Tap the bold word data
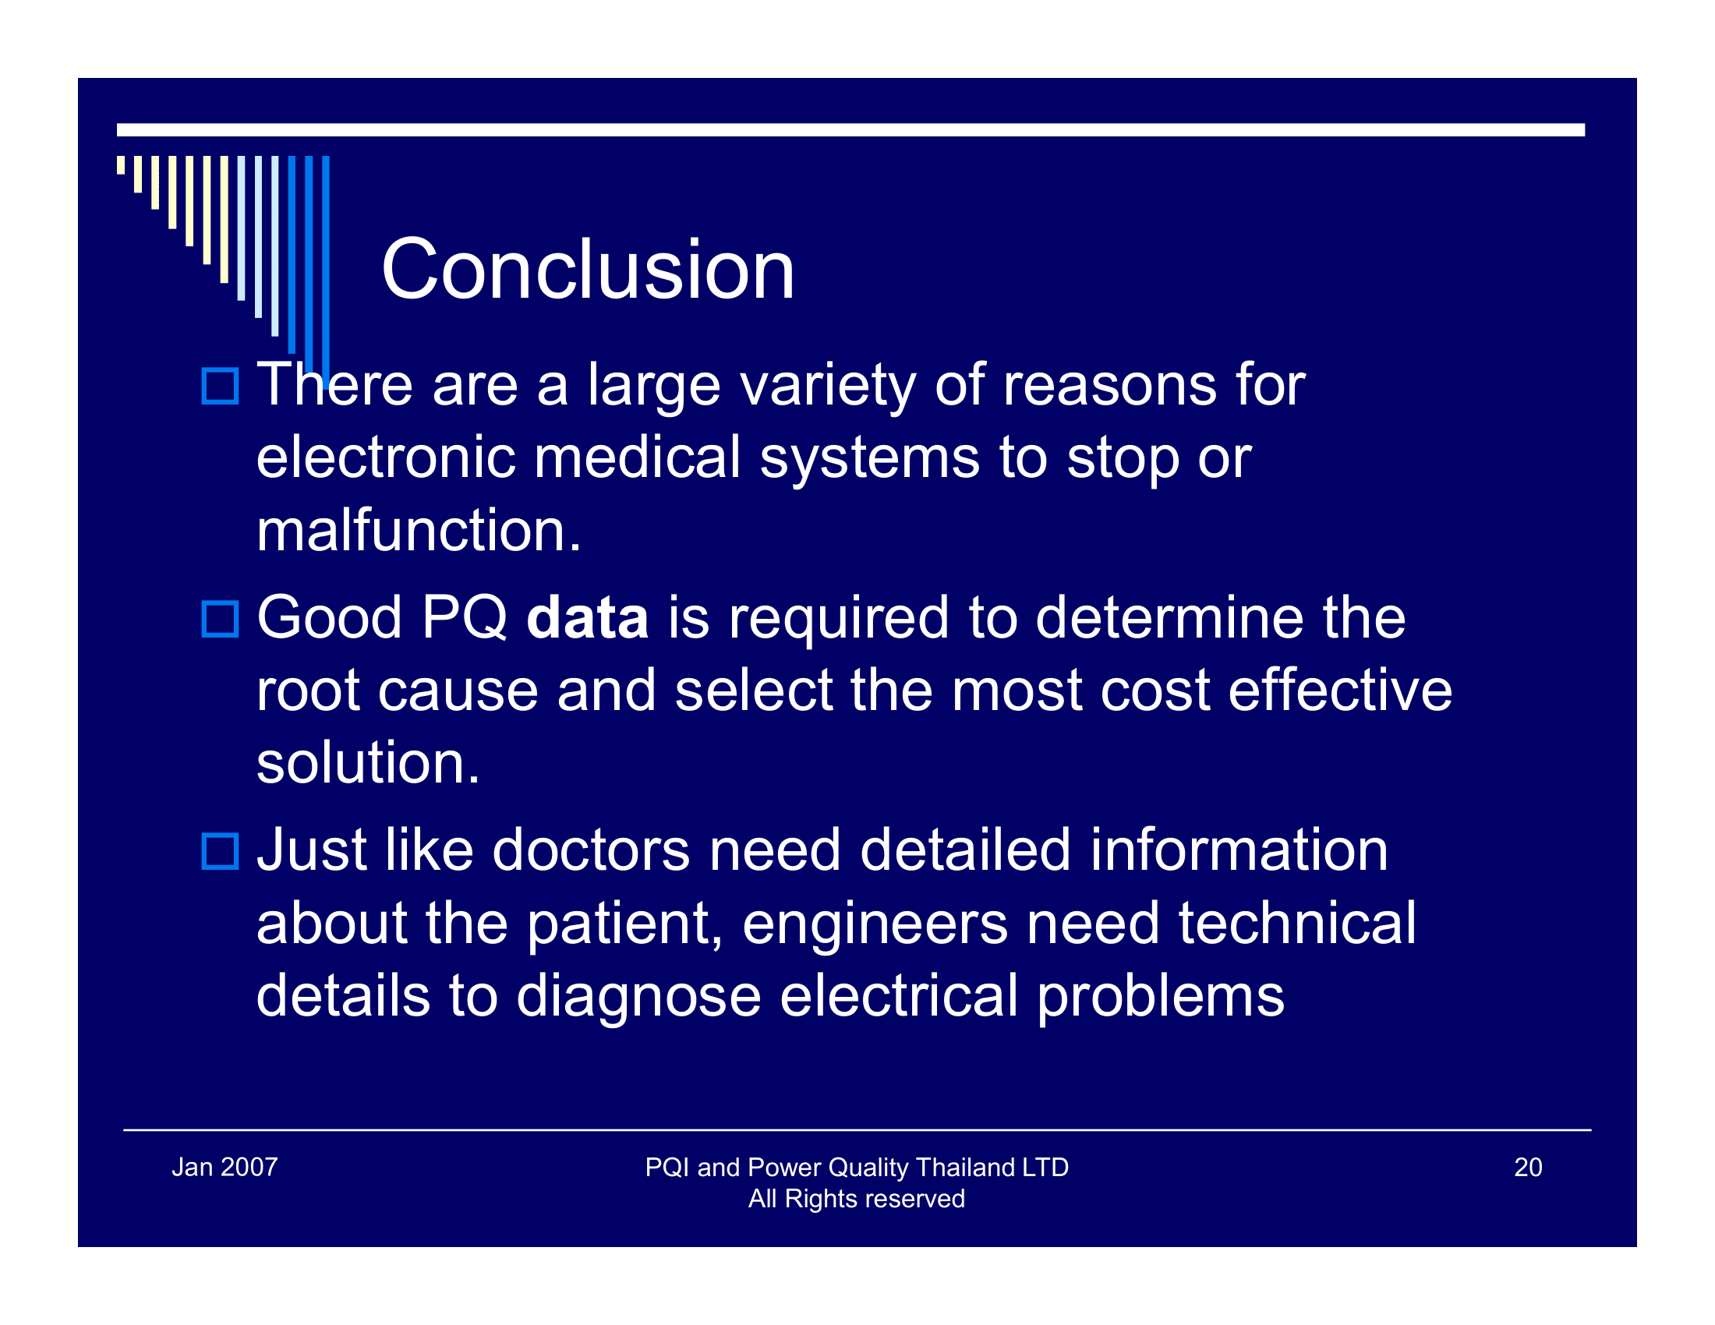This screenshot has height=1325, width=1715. pos(587,618)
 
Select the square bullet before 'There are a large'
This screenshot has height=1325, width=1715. pos(220,386)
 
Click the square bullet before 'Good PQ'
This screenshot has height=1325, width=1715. pos(220,620)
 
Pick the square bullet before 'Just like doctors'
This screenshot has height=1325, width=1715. pos(220,852)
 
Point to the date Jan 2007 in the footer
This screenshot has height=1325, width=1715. pos(225,1168)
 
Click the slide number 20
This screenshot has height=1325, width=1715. pos(1528,1168)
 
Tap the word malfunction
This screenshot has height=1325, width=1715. pos(418,531)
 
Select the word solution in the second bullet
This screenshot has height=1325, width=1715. pos(366,763)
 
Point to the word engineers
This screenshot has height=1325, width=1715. pos(875,924)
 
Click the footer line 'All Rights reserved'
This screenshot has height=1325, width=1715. pos(856,1199)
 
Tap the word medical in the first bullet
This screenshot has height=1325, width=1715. pos(637,458)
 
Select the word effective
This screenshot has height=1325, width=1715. pos(1339,691)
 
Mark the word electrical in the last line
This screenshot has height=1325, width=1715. pos(899,996)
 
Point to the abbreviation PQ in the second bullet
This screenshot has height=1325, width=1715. pos(464,618)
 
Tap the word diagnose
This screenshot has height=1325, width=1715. pos(638,998)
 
